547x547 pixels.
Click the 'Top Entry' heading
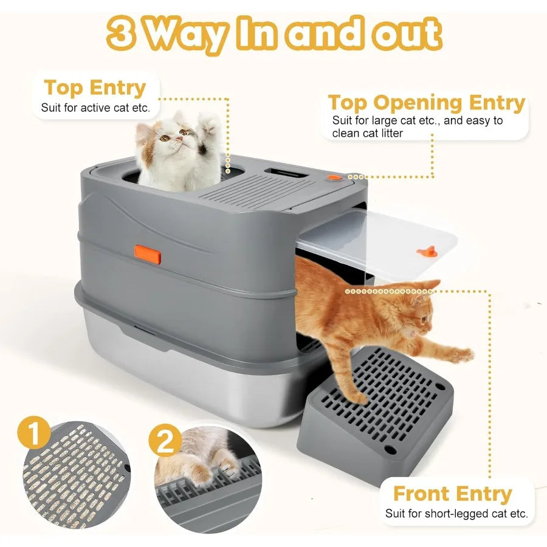pyautogui.click(x=95, y=88)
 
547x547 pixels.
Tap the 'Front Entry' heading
pyautogui.click(x=453, y=493)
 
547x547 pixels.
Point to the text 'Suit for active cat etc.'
pyautogui.click(x=95, y=108)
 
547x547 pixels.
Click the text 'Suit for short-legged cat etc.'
pyautogui.click(x=456, y=514)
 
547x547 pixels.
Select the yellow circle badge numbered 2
pyautogui.click(x=165, y=442)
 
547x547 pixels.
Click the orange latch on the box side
pyautogui.click(x=148, y=254)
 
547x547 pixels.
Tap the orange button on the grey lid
pyautogui.click(x=335, y=178)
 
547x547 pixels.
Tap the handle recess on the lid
pyautogui.click(x=290, y=173)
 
